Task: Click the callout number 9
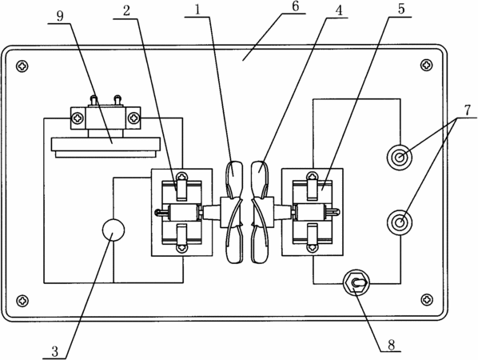[x=60, y=16]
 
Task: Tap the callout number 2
[x=126, y=11]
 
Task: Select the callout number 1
[x=197, y=10]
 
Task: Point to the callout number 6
[x=296, y=7]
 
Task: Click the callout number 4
[x=339, y=10]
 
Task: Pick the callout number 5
[x=401, y=9]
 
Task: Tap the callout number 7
[x=468, y=110]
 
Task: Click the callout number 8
[x=391, y=345]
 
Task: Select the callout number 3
[x=54, y=351]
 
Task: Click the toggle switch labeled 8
[x=357, y=282]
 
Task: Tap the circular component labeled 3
[x=113, y=230]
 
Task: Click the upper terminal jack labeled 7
[x=400, y=158]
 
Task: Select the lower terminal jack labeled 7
[x=400, y=222]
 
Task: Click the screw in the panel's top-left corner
[x=22, y=66]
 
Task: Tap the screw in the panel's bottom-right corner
[x=427, y=299]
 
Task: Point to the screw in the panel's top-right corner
[x=427, y=65]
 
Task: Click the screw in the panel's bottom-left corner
[x=22, y=301]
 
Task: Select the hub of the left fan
[x=229, y=212]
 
